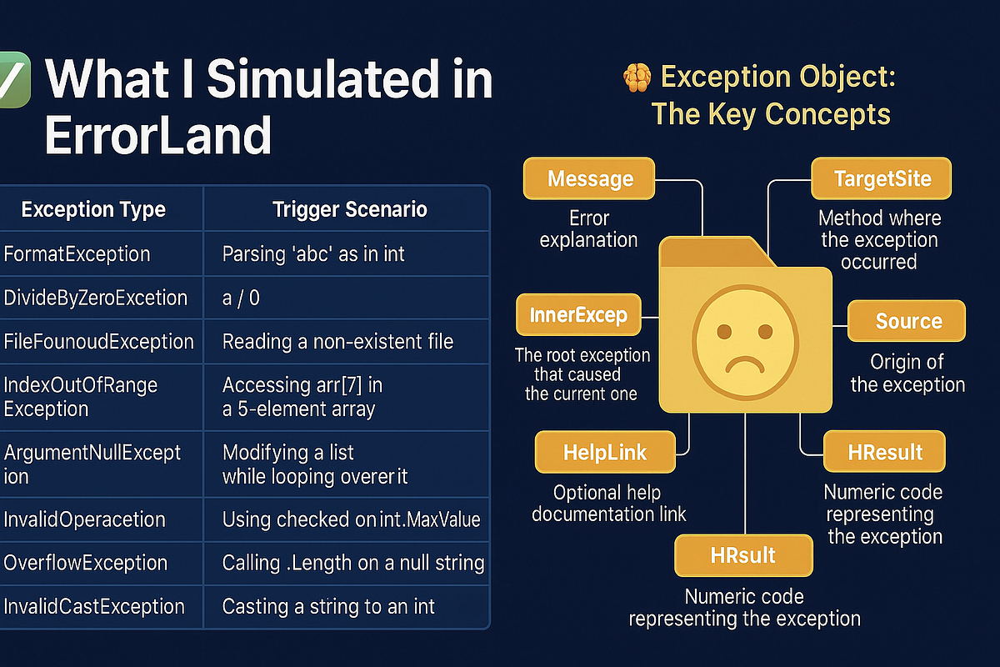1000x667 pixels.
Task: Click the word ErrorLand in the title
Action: (x=158, y=133)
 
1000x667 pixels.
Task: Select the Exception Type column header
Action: (x=93, y=209)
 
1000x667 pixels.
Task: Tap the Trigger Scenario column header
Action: (x=350, y=209)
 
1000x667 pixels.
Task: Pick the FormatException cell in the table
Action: (x=77, y=253)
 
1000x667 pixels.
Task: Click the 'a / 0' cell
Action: (x=241, y=298)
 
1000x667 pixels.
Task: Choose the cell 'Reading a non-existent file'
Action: (x=337, y=341)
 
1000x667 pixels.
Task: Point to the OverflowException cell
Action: (x=85, y=563)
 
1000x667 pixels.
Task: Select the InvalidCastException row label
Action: (x=93, y=606)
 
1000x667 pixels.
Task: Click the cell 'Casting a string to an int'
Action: (x=328, y=606)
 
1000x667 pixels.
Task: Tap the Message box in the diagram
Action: (x=590, y=178)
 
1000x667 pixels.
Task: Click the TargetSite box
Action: (x=882, y=178)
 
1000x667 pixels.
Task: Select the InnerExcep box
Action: (x=577, y=316)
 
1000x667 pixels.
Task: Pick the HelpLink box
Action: (x=605, y=453)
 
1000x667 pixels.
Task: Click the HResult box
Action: (x=885, y=453)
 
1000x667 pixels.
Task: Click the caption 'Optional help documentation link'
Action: (x=608, y=503)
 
